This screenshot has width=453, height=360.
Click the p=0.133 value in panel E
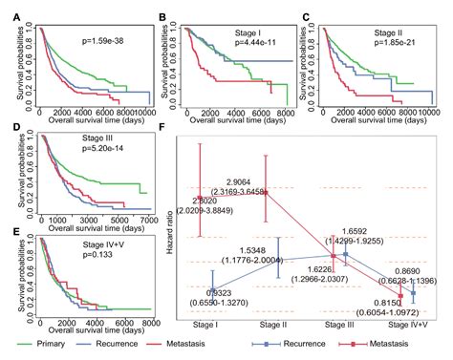pos(93,255)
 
